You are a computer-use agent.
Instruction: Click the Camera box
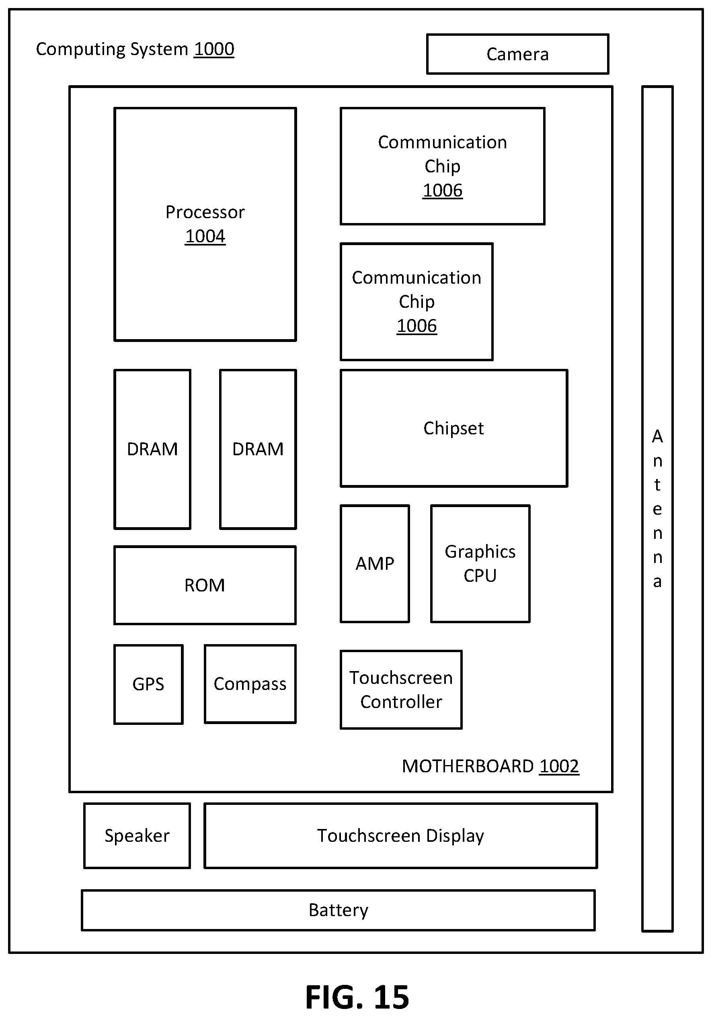pos(517,54)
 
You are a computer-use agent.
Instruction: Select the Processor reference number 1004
pos(205,237)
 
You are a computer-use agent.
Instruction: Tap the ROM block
pos(205,585)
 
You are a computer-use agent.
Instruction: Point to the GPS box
pos(148,684)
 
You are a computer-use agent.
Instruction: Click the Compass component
pos(250,684)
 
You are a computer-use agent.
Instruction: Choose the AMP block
pos(375,563)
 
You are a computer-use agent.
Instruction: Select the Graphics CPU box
pos(480,563)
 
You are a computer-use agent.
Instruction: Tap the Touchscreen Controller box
pos(401,690)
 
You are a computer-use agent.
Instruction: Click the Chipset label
pos(454,428)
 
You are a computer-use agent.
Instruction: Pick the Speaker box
pos(137,836)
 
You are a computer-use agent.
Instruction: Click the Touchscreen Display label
pos(400,836)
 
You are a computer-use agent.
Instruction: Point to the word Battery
pos(339,910)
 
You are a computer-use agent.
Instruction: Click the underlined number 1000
pos(214,49)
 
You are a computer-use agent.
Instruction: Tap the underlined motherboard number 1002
pos(559,766)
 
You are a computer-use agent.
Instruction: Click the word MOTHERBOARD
pos(468,766)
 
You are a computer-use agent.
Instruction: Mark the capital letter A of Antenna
pos(657,437)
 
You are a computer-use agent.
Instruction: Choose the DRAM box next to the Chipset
pos(258,449)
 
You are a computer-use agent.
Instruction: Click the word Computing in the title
pos(81,49)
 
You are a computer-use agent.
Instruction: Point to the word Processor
pos(205,212)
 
